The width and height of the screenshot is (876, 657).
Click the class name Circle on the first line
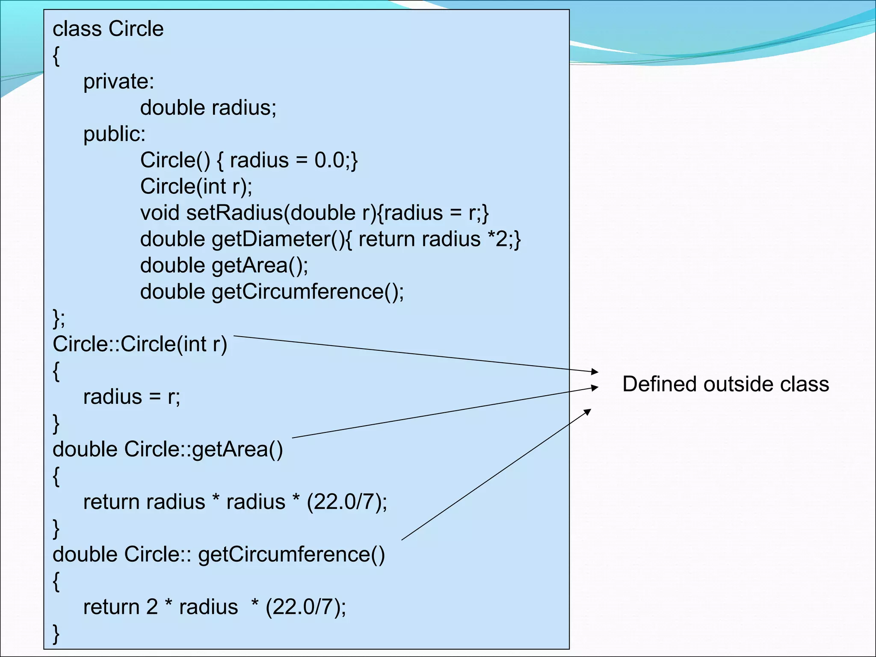[136, 29]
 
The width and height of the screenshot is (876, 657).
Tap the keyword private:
[118, 81]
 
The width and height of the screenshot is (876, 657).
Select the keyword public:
[114, 134]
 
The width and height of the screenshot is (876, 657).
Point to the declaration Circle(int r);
[196, 186]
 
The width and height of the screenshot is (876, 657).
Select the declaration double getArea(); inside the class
[224, 266]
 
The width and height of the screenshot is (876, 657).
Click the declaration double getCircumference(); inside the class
[272, 292]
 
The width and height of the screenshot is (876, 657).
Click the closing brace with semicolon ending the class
[59, 318]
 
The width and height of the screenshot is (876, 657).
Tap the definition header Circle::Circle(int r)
[140, 344]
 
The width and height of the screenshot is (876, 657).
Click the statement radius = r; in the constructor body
[132, 397]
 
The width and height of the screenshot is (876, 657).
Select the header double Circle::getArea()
[168, 450]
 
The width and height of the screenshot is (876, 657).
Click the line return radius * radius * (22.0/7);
[235, 502]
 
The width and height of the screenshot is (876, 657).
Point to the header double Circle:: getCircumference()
[219, 554]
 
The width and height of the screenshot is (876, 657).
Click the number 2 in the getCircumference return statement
[152, 607]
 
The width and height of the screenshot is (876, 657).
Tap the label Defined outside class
[725, 384]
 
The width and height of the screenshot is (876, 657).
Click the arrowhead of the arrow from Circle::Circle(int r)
[595, 371]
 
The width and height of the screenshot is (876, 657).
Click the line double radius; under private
[208, 108]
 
